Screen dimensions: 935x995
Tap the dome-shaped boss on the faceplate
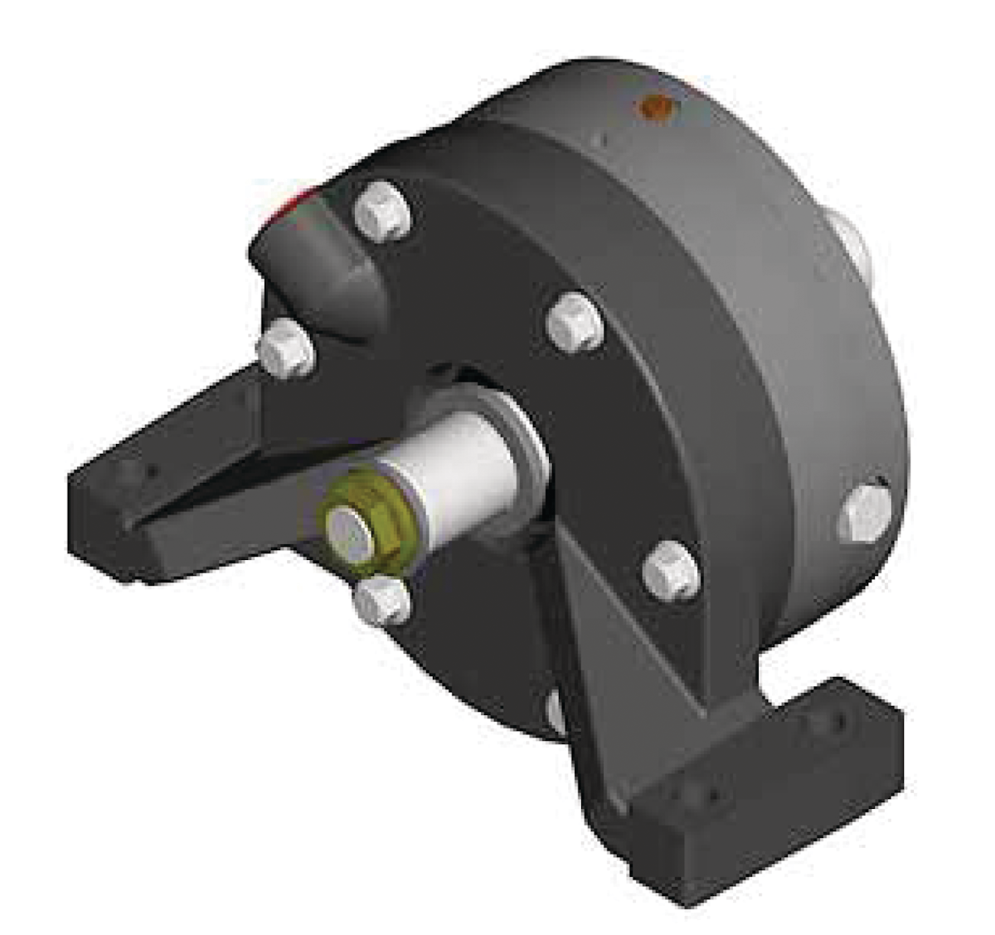click(x=311, y=265)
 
